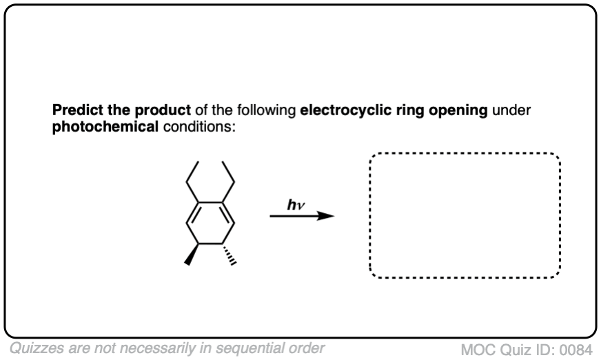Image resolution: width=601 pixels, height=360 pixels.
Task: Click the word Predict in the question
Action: (x=74, y=112)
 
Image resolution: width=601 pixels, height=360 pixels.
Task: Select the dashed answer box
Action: (x=465, y=215)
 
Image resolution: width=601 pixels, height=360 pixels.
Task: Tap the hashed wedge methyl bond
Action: (x=229, y=252)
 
